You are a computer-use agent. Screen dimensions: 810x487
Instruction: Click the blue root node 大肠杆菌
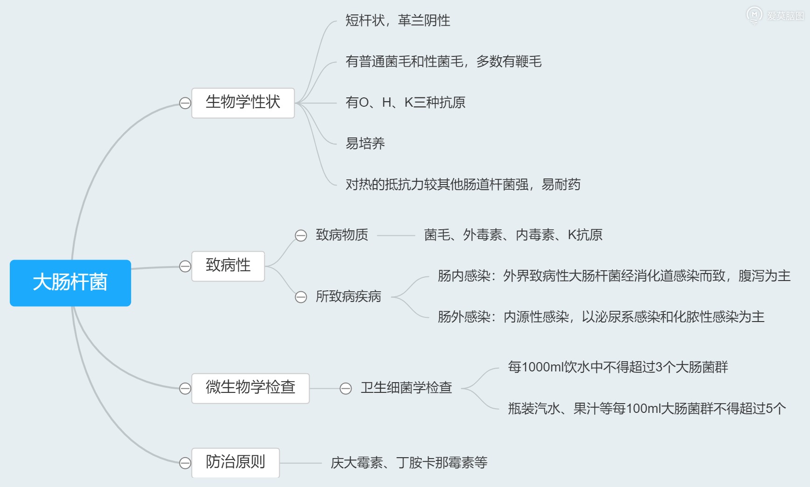pyautogui.click(x=70, y=283)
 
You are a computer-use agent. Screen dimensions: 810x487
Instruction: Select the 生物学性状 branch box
pyautogui.click(x=243, y=103)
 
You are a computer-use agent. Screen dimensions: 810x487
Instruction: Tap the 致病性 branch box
pyautogui.click(x=228, y=266)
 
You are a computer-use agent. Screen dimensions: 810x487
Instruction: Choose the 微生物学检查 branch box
pyautogui.click(x=250, y=388)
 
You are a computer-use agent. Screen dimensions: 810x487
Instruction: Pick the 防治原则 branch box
pyautogui.click(x=235, y=463)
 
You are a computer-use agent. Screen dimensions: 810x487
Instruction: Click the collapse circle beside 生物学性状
pyautogui.click(x=185, y=103)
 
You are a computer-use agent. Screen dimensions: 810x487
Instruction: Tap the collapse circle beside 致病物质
pyautogui.click(x=301, y=235)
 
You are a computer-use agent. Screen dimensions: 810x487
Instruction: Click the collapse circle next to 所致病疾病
pyautogui.click(x=301, y=297)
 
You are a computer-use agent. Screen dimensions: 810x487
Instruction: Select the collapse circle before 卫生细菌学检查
pyautogui.click(x=346, y=388)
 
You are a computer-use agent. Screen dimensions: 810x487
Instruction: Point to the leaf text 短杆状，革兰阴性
pyautogui.click(x=398, y=21)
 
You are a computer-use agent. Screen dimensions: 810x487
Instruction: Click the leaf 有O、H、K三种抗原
pyautogui.click(x=405, y=103)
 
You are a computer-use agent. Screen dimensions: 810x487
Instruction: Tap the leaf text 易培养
pyautogui.click(x=365, y=144)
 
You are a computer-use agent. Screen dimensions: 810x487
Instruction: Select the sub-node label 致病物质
pyautogui.click(x=342, y=235)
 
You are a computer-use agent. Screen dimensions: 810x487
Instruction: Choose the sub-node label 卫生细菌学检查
pyautogui.click(x=406, y=388)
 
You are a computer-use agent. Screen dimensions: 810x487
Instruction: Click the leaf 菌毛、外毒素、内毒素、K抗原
pyautogui.click(x=513, y=235)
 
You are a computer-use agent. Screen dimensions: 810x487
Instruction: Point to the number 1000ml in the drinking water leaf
pyautogui.click(x=543, y=367)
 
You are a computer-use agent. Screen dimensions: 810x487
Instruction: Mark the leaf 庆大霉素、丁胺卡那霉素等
pyautogui.click(x=409, y=463)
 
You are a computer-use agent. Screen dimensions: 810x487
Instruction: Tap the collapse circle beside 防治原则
pyautogui.click(x=185, y=463)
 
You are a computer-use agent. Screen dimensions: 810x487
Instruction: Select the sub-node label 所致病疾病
pyautogui.click(x=348, y=296)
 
